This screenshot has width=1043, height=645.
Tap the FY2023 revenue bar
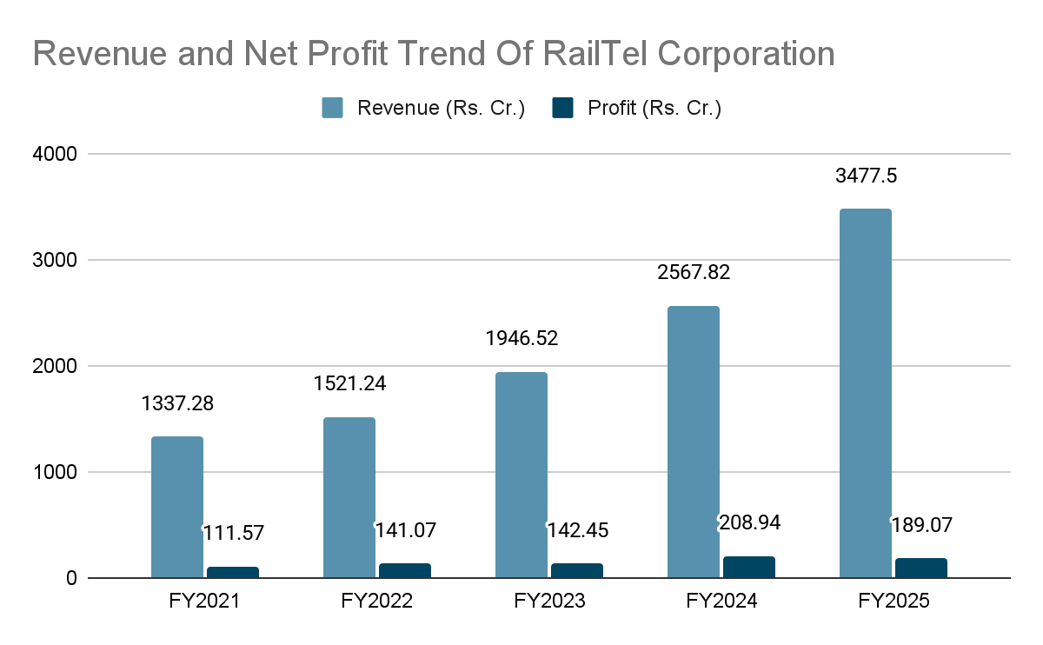tap(521, 475)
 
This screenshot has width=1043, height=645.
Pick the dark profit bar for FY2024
tap(749, 567)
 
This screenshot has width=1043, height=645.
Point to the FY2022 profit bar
tap(405, 570)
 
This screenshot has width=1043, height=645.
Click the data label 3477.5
tap(867, 176)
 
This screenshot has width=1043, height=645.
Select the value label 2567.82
tap(694, 273)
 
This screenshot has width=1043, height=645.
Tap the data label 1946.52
tap(521, 338)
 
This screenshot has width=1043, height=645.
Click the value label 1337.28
tap(177, 404)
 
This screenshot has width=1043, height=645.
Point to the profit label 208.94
tap(749, 522)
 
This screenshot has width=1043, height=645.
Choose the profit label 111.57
tap(234, 533)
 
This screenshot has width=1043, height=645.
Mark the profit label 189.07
tap(921, 526)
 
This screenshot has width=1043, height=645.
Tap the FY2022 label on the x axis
tap(377, 602)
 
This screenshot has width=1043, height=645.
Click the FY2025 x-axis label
tap(894, 602)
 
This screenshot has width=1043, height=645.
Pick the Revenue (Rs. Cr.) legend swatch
tap(333, 108)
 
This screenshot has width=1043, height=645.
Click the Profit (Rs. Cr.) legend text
tap(654, 109)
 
